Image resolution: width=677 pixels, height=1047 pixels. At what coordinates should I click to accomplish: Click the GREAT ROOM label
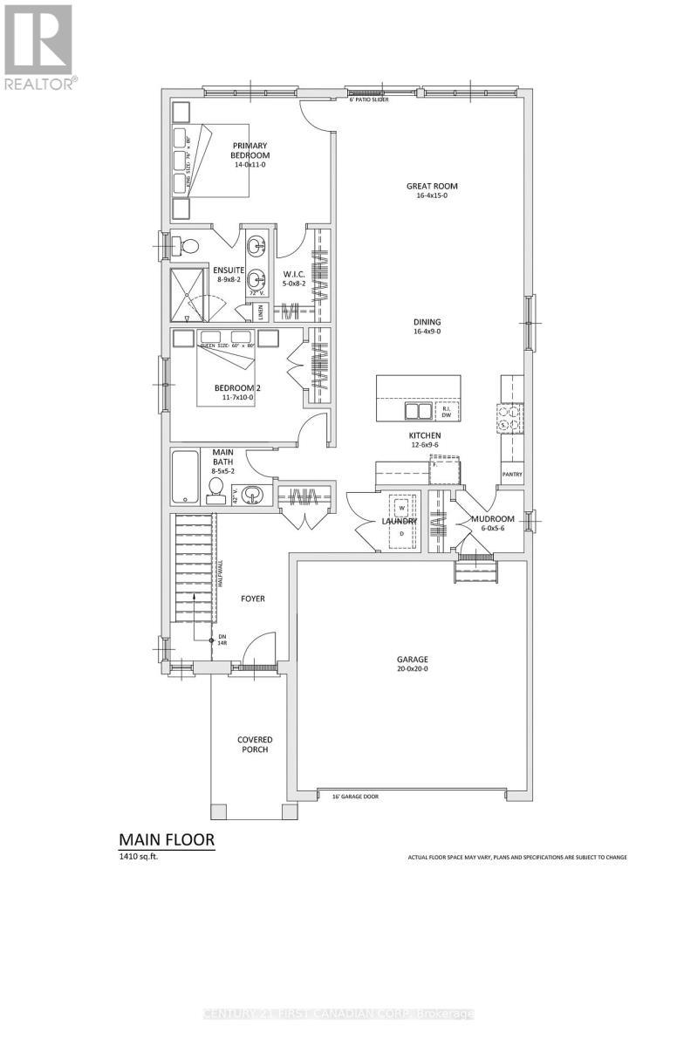pyautogui.click(x=432, y=186)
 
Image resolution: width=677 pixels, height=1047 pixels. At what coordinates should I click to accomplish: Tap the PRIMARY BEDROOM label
pyautogui.click(x=250, y=150)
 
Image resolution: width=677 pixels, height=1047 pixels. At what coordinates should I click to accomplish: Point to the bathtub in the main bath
pyautogui.click(x=186, y=476)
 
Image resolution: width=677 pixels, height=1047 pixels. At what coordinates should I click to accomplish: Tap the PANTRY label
pyautogui.click(x=512, y=475)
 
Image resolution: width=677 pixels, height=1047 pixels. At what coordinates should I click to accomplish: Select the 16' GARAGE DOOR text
pyautogui.click(x=354, y=796)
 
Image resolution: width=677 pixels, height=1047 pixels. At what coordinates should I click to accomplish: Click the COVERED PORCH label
pyautogui.click(x=255, y=744)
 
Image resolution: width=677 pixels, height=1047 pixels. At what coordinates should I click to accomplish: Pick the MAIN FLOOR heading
pyautogui.click(x=166, y=839)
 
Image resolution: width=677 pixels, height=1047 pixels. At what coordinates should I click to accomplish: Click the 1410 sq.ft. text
pyautogui.click(x=140, y=858)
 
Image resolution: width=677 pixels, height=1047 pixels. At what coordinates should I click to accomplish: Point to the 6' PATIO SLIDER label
pyautogui.click(x=369, y=100)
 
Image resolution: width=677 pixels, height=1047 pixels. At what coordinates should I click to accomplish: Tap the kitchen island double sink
pyautogui.click(x=417, y=410)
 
